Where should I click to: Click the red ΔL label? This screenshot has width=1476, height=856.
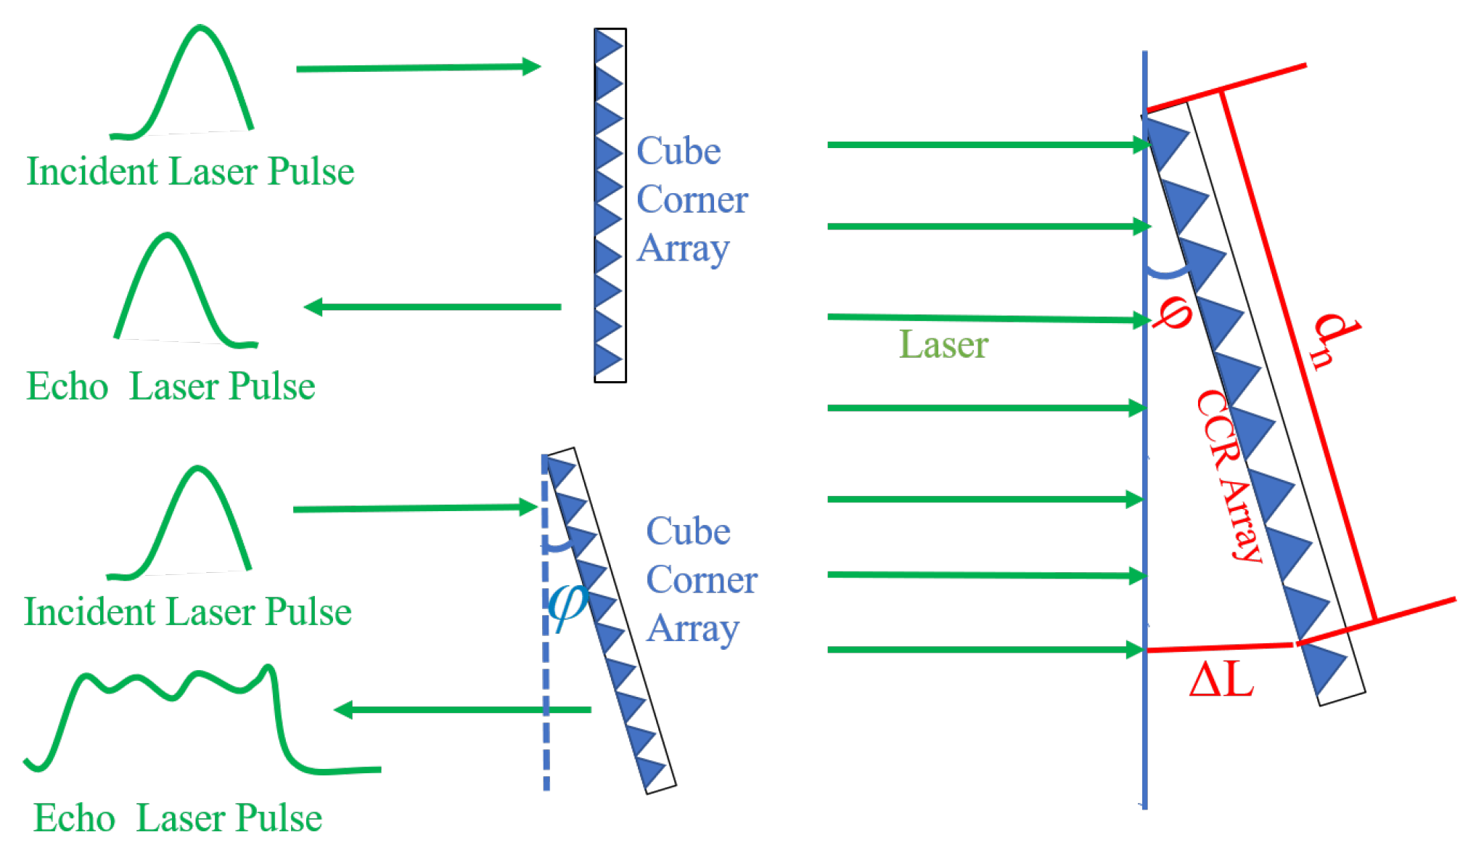(x=1222, y=681)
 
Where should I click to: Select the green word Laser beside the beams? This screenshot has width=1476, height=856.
(x=943, y=344)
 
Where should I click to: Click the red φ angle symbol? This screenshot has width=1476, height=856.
(x=1171, y=312)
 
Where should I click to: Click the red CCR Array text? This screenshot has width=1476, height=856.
(x=1230, y=476)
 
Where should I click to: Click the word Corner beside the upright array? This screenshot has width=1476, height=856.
(x=692, y=200)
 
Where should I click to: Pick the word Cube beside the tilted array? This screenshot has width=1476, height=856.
(x=688, y=531)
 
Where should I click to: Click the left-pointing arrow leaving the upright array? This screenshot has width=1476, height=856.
(x=432, y=307)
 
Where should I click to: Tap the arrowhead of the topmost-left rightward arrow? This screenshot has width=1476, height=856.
(x=532, y=67)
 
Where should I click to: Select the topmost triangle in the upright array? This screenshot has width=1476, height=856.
(x=608, y=46)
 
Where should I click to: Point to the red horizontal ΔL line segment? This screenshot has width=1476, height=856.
(x=1219, y=647)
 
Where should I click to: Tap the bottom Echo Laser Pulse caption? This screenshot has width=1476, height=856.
(x=178, y=818)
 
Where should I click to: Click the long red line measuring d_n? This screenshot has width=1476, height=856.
(x=1299, y=356)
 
